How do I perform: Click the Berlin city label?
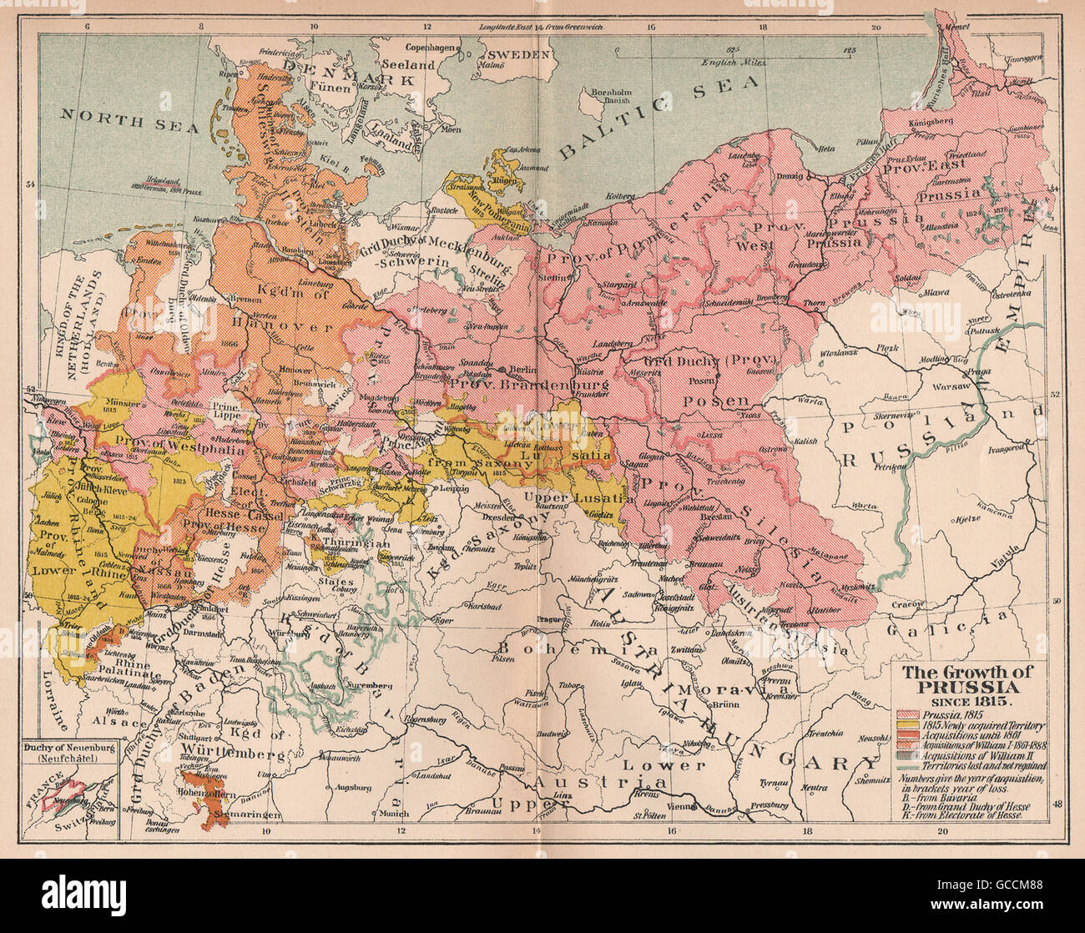pos(523,368)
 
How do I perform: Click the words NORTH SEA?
pos(129,120)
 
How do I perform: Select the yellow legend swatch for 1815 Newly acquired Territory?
pos(906,727)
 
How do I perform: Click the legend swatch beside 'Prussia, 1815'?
pos(906,714)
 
